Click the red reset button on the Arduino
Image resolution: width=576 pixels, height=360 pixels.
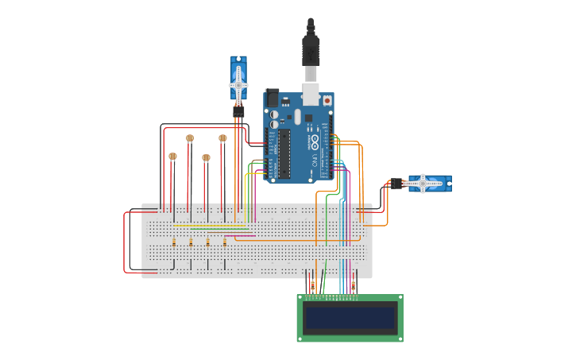327,102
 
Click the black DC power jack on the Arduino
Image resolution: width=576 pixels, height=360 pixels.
273,99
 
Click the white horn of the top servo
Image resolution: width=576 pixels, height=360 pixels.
238,83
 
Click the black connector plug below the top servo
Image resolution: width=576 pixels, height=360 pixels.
238,111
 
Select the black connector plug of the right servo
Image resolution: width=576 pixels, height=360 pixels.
394,184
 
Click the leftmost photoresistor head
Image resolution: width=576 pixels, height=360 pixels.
173,157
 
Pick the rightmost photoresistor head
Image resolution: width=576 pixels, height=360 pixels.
222,138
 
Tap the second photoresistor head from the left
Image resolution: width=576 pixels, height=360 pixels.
190,138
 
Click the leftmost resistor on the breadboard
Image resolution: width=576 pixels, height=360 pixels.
174,242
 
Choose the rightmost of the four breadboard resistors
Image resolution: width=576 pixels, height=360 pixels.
225,242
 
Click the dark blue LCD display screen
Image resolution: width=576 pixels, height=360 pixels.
350,318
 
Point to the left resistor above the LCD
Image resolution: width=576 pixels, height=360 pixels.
312,285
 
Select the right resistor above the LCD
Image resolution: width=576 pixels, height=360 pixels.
354,285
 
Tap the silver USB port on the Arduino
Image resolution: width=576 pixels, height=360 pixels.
311,95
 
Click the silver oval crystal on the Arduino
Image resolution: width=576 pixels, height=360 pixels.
297,117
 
